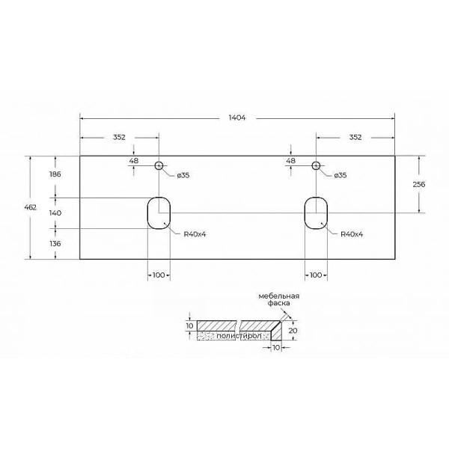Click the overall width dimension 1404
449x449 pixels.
coord(237,117)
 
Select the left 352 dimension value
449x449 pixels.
coord(119,137)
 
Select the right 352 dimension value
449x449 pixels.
coord(355,137)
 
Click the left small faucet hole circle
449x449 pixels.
coord(159,165)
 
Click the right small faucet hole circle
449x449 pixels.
coord(316,165)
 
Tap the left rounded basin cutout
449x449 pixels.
coord(159,213)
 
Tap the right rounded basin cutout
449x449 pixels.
coord(316,213)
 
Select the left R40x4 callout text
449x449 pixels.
coord(195,234)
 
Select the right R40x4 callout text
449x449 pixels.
coord(352,234)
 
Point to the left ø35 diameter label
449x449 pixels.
coord(183,175)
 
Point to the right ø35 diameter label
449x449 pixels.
coord(340,175)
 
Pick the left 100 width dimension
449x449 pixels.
coord(158,275)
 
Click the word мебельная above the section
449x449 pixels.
coord(278,296)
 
